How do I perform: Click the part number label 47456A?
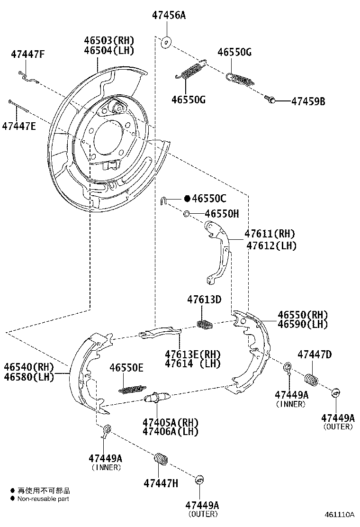[x=169, y=15]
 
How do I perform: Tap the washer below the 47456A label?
[x=166, y=42]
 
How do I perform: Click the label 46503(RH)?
[x=109, y=41]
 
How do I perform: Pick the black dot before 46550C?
[x=187, y=199]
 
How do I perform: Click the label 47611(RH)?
[x=270, y=234]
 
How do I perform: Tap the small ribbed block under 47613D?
[x=204, y=324]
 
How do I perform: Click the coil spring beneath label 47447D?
[x=311, y=380]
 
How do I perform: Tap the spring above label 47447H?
[x=162, y=460]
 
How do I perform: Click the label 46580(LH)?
[x=29, y=377]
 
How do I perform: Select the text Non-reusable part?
[x=43, y=499]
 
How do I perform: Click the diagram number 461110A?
[x=339, y=514]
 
